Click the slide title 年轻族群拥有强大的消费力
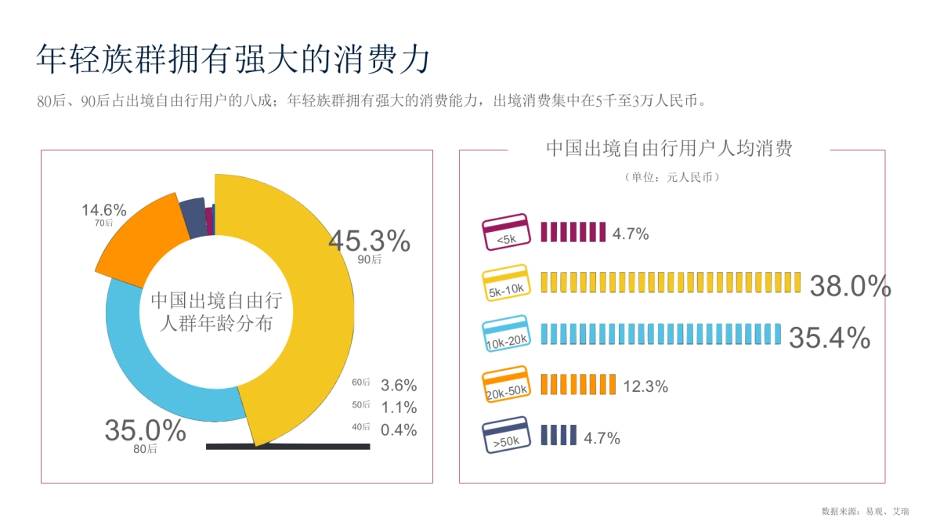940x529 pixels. (x=233, y=60)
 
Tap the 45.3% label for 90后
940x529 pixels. (x=369, y=241)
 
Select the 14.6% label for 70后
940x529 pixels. (x=104, y=210)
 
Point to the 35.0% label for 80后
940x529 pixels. (x=145, y=430)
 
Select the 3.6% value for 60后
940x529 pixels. (x=399, y=385)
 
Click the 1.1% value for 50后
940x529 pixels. (x=399, y=408)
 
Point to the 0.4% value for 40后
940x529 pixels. (x=399, y=429)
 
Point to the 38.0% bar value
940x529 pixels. (x=850, y=287)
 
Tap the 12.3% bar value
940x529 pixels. (x=645, y=386)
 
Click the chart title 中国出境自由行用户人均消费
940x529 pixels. (x=669, y=149)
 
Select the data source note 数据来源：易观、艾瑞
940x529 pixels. (x=865, y=511)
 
